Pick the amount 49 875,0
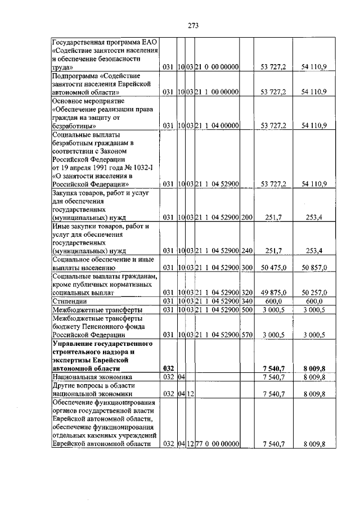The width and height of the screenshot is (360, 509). click(274, 293)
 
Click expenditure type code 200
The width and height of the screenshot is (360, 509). click(246, 217)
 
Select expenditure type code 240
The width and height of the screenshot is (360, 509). click(246, 250)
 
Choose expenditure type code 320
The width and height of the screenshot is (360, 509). click(246, 293)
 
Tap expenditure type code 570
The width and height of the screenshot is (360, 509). click(246, 335)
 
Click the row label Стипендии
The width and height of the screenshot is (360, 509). click(69, 301)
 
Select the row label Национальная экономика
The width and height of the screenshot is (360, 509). click(92, 377)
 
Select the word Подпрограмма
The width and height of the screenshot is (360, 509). click(76, 75)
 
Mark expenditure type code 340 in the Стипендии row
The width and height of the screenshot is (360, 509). click(246, 301)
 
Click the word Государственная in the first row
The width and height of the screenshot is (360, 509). click(81, 42)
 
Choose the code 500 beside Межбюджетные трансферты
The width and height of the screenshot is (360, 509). click(246, 310)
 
